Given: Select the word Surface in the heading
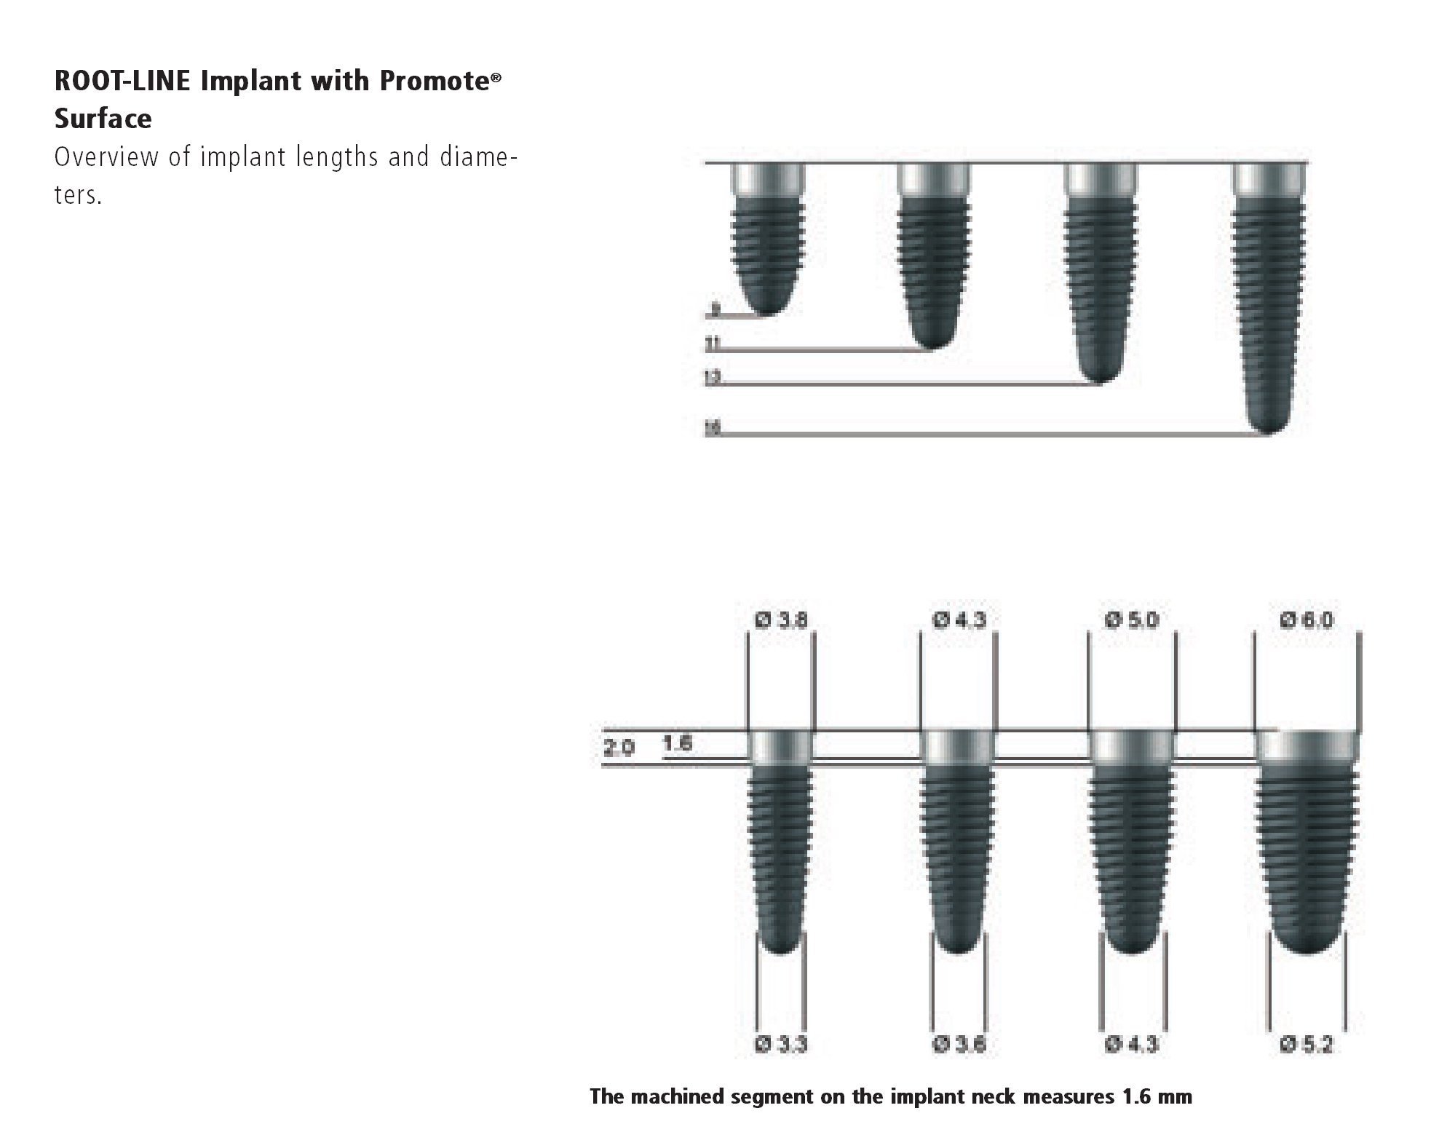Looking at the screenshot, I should coord(103,119).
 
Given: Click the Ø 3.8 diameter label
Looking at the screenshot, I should coord(782,620).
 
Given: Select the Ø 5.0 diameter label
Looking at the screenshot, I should coord(1131,620).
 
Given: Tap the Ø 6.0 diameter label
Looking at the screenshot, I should coord(1306,620).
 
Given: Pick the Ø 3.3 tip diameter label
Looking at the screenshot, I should coord(782,1045).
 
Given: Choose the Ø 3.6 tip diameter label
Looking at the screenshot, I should coord(959,1045).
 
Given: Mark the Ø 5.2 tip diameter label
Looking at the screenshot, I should coord(1306,1045).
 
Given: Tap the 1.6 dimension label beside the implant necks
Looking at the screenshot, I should coord(677,743).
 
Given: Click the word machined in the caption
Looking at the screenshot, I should coord(684,1096).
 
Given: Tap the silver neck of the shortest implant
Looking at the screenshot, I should coord(768,179).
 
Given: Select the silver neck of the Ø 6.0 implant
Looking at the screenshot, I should coord(1307,745).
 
